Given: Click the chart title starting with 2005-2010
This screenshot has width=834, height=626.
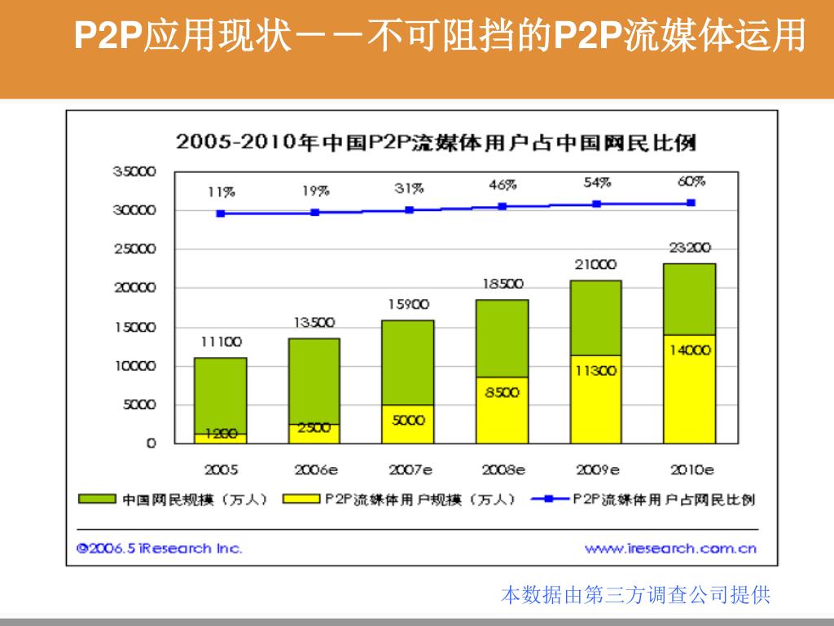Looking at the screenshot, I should (x=436, y=143).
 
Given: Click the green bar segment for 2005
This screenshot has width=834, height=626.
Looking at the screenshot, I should (x=220, y=391).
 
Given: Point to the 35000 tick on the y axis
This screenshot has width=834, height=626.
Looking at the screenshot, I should (x=134, y=171).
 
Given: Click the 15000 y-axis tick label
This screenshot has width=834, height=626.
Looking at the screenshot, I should (x=134, y=327).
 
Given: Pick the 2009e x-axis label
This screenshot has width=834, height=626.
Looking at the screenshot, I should (x=597, y=469).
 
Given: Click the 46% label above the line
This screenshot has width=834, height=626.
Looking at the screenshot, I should (x=503, y=185).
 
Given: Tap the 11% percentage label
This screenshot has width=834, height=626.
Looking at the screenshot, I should (x=221, y=192).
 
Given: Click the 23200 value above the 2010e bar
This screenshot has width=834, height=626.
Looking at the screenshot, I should (x=690, y=248).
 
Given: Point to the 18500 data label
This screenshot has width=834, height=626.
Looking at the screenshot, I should (x=503, y=284).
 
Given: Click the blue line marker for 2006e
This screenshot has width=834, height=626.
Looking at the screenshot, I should (x=315, y=212).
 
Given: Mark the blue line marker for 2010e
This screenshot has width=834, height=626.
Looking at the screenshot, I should (x=691, y=203).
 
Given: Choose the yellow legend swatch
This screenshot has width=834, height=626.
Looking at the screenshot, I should (x=301, y=499).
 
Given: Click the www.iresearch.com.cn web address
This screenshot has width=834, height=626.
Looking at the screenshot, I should (x=670, y=548).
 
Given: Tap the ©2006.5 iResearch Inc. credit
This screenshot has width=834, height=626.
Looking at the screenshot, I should (x=159, y=548).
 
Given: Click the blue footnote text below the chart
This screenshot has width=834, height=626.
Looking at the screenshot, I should (x=635, y=595).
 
